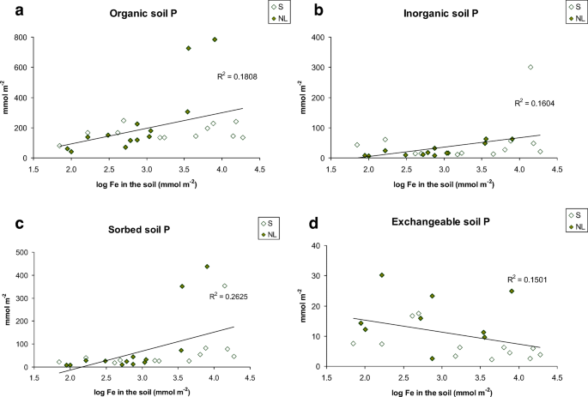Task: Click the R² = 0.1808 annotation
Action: pos(239,77)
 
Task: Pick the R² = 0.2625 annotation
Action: pos(228,296)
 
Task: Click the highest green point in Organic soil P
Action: pos(215,39)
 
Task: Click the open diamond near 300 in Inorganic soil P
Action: pos(530,67)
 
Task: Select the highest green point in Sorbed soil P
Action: pos(207,267)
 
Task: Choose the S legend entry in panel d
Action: pos(579,214)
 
